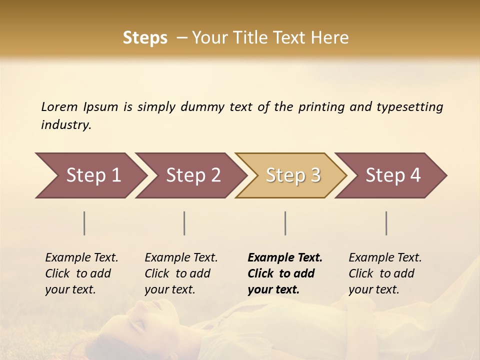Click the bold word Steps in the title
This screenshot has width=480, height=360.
click(x=145, y=38)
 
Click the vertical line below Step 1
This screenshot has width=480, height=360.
click(x=84, y=223)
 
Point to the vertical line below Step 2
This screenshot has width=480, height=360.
click(x=184, y=223)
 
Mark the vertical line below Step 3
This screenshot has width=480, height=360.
click(x=285, y=223)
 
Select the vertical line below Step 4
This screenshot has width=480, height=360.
click(x=386, y=223)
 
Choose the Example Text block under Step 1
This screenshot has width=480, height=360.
click(x=81, y=273)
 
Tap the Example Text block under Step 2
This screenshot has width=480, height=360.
click(x=181, y=273)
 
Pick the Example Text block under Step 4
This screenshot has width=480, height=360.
click(x=385, y=273)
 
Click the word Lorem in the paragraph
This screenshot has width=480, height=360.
click(x=59, y=107)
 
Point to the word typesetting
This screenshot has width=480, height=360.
click(x=409, y=107)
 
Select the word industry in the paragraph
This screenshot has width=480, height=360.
click(x=65, y=125)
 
